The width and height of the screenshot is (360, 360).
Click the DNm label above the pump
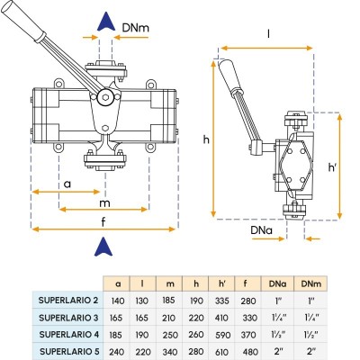click(x=135, y=28)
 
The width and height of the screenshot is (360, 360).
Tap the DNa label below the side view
click(x=262, y=230)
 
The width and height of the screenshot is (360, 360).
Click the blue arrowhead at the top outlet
click(x=106, y=22)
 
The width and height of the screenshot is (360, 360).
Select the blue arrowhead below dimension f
click(x=103, y=247)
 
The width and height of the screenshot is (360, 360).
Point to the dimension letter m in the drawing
click(x=104, y=203)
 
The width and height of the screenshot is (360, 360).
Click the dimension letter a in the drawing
click(x=67, y=184)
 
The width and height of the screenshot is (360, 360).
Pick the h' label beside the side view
click(x=332, y=167)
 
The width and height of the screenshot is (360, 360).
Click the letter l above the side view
click(x=268, y=34)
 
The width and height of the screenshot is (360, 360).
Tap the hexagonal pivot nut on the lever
click(x=104, y=97)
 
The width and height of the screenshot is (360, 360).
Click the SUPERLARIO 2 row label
click(x=68, y=301)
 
